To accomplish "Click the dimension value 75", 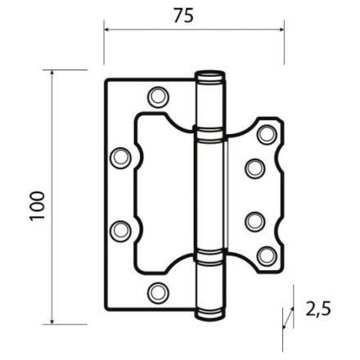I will tap(184, 16).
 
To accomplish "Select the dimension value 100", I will tap(36, 209).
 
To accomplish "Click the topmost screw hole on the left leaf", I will tap(157, 97).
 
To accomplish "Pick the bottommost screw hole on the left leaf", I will tap(157, 292).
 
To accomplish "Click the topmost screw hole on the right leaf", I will tap(266, 133).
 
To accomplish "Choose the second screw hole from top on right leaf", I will tap(254, 168).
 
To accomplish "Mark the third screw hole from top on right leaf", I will tap(254, 221).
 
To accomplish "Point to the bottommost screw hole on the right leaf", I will tap(266, 256).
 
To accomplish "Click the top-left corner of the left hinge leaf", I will tap(108, 80).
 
